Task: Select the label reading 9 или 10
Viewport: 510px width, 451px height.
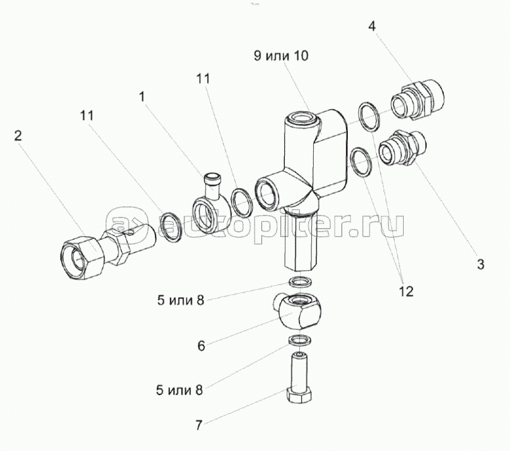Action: click(x=281, y=57)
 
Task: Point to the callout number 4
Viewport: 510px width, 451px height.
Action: click(x=372, y=28)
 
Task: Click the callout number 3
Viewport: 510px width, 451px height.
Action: click(x=480, y=265)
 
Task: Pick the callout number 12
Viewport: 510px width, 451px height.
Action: click(x=405, y=290)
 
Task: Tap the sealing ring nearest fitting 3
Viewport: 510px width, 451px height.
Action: click(x=361, y=161)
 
